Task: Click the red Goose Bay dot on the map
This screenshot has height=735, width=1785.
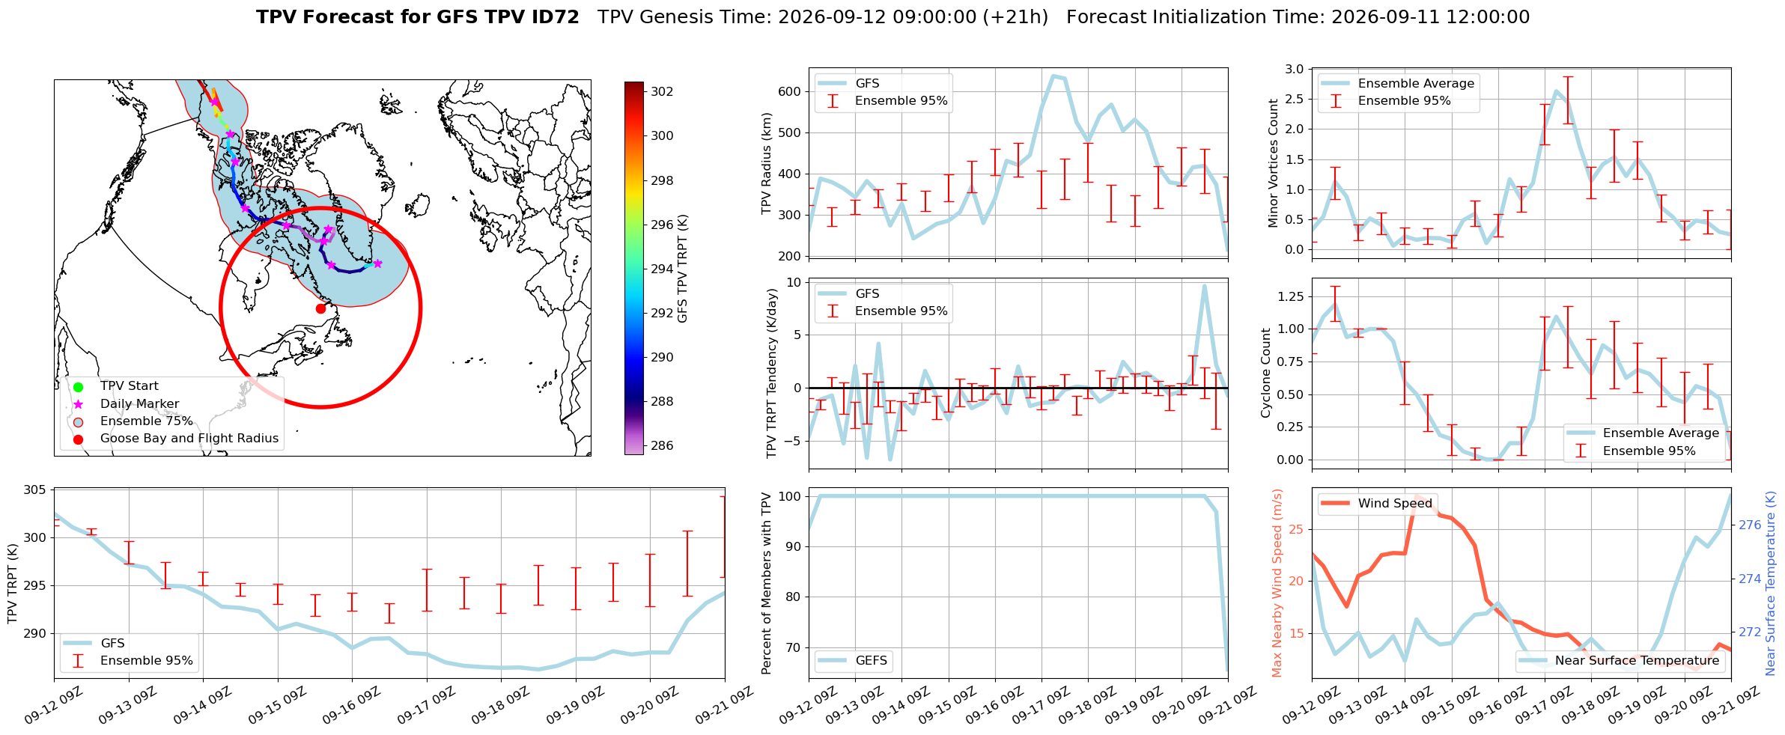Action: point(320,308)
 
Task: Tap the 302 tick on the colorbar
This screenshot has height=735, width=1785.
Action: point(662,91)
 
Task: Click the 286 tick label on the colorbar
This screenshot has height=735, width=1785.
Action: point(662,445)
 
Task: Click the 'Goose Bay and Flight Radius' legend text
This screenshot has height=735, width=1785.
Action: point(189,438)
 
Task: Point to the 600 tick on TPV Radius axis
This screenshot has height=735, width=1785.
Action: point(790,91)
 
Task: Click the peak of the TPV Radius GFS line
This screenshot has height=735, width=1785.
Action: point(1053,76)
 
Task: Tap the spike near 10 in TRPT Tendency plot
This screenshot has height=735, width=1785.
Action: point(1205,286)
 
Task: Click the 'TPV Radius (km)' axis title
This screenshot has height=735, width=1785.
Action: point(766,163)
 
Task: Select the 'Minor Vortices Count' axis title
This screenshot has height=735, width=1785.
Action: point(1274,163)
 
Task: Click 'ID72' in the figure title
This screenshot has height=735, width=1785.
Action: point(554,17)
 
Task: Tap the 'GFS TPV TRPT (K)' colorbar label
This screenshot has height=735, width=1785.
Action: point(683,268)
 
